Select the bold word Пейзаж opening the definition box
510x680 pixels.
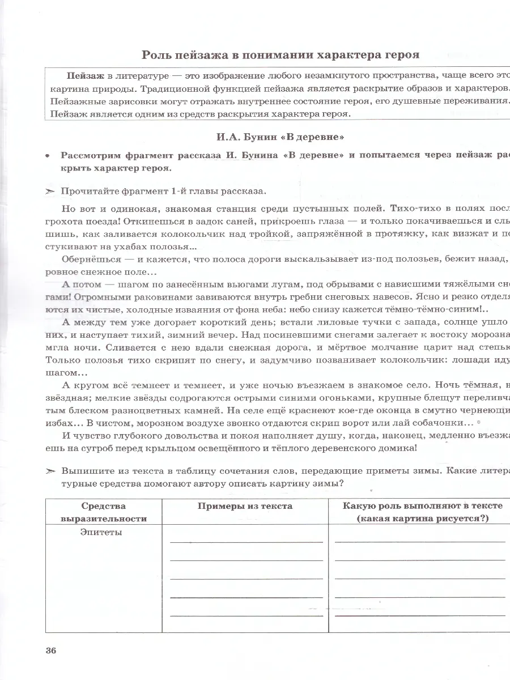click(85, 76)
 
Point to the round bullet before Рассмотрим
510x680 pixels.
click(49, 156)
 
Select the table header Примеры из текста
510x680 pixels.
click(245, 506)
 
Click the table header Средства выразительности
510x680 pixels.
click(103, 512)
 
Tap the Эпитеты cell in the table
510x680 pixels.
click(101, 533)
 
